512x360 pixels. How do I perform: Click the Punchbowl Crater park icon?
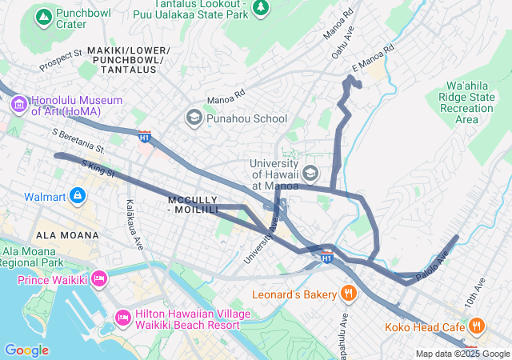click(x=43, y=16)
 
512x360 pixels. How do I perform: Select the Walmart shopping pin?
click(x=78, y=194)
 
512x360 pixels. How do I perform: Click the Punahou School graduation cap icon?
click(x=194, y=118)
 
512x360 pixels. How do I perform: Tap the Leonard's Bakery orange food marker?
click(x=348, y=294)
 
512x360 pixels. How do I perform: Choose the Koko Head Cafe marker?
click(x=477, y=326)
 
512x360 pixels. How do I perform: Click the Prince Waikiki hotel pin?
click(x=99, y=279)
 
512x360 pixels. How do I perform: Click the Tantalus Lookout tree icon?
click(x=260, y=7)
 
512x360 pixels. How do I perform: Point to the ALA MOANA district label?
click(x=68, y=235)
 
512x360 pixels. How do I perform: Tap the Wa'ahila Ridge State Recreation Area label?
click(x=467, y=102)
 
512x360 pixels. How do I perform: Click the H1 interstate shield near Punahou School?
click(x=144, y=137)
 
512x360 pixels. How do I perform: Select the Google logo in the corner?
click(x=26, y=350)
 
